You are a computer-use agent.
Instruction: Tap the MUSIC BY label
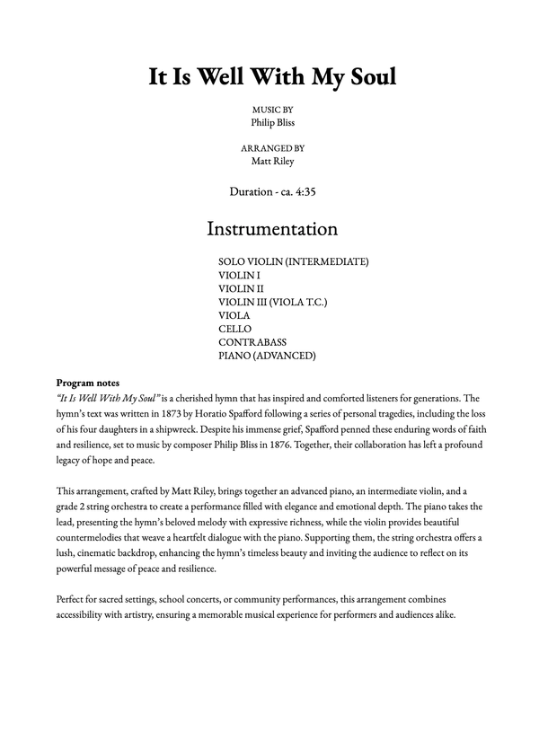click(272, 108)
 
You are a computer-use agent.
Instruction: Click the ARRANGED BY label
click(272, 148)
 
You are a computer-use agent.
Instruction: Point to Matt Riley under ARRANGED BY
click(272, 162)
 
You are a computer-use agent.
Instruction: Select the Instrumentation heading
click(272, 228)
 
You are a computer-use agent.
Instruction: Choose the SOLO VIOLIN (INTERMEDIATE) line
click(293, 261)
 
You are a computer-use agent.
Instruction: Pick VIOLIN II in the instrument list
click(241, 288)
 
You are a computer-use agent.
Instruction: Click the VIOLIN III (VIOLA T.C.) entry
click(272, 302)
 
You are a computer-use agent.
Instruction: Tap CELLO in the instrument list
click(234, 329)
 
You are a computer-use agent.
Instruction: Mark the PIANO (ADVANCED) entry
click(267, 356)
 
